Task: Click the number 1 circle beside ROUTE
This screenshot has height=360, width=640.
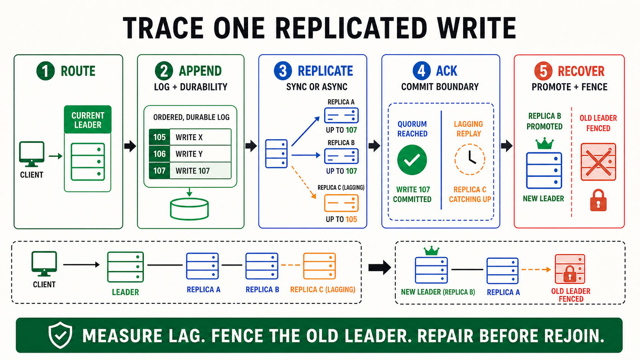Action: (x=46, y=71)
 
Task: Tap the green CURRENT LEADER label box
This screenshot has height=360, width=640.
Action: (x=88, y=119)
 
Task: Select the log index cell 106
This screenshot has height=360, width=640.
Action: (x=160, y=154)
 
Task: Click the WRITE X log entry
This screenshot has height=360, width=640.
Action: (x=189, y=137)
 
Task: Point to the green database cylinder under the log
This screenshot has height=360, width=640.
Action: (x=189, y=209)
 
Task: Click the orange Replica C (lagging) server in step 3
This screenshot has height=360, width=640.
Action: (x=341, y=203)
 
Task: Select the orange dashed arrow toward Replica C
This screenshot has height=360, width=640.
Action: (x=304, y=182)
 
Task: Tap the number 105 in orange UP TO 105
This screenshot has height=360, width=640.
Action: (x=351, y=219)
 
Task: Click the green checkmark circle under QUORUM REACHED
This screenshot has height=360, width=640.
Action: (x=412, y=160)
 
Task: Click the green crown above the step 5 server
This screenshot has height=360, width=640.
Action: (x=545, y=143)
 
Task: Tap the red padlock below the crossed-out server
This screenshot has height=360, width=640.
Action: (x=598, y=200)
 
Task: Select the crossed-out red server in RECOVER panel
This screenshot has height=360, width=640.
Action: (x=598, y=162)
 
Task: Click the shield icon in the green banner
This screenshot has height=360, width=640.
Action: (x=60, y=335)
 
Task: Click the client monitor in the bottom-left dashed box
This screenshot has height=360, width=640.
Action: (x=44, y=264)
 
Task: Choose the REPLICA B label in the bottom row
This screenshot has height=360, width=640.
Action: (x=262, y=290)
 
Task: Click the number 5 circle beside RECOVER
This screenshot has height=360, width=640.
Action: (x=544, y=71)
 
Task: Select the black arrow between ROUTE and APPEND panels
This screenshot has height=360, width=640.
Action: (x=130, y=146)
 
